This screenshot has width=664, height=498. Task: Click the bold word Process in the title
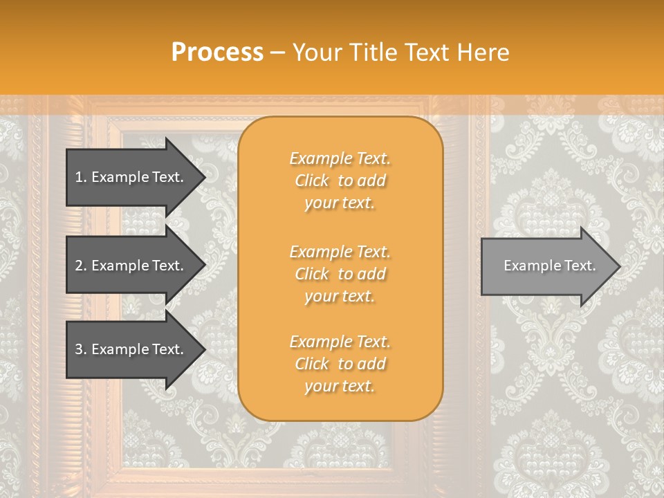point(217,53)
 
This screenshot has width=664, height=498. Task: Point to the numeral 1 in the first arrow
point(79,177)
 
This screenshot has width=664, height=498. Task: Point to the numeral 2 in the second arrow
point(79,266)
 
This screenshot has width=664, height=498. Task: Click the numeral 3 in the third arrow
point(79,349)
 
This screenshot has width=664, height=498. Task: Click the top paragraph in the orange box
point(340,181)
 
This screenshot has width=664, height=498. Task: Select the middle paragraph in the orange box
point(340,274)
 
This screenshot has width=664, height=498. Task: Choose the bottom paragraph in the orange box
point(340,364)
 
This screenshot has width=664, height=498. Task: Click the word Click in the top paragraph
point(312,181)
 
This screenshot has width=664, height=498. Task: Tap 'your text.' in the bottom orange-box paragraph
point(340,386)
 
